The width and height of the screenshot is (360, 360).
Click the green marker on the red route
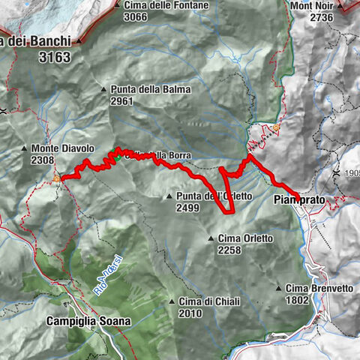coord(117,157)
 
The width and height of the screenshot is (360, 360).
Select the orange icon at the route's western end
coord(57,178)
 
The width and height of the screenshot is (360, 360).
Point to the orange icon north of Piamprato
coord(276,127)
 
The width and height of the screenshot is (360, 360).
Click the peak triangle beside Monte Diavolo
coord(24,148)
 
